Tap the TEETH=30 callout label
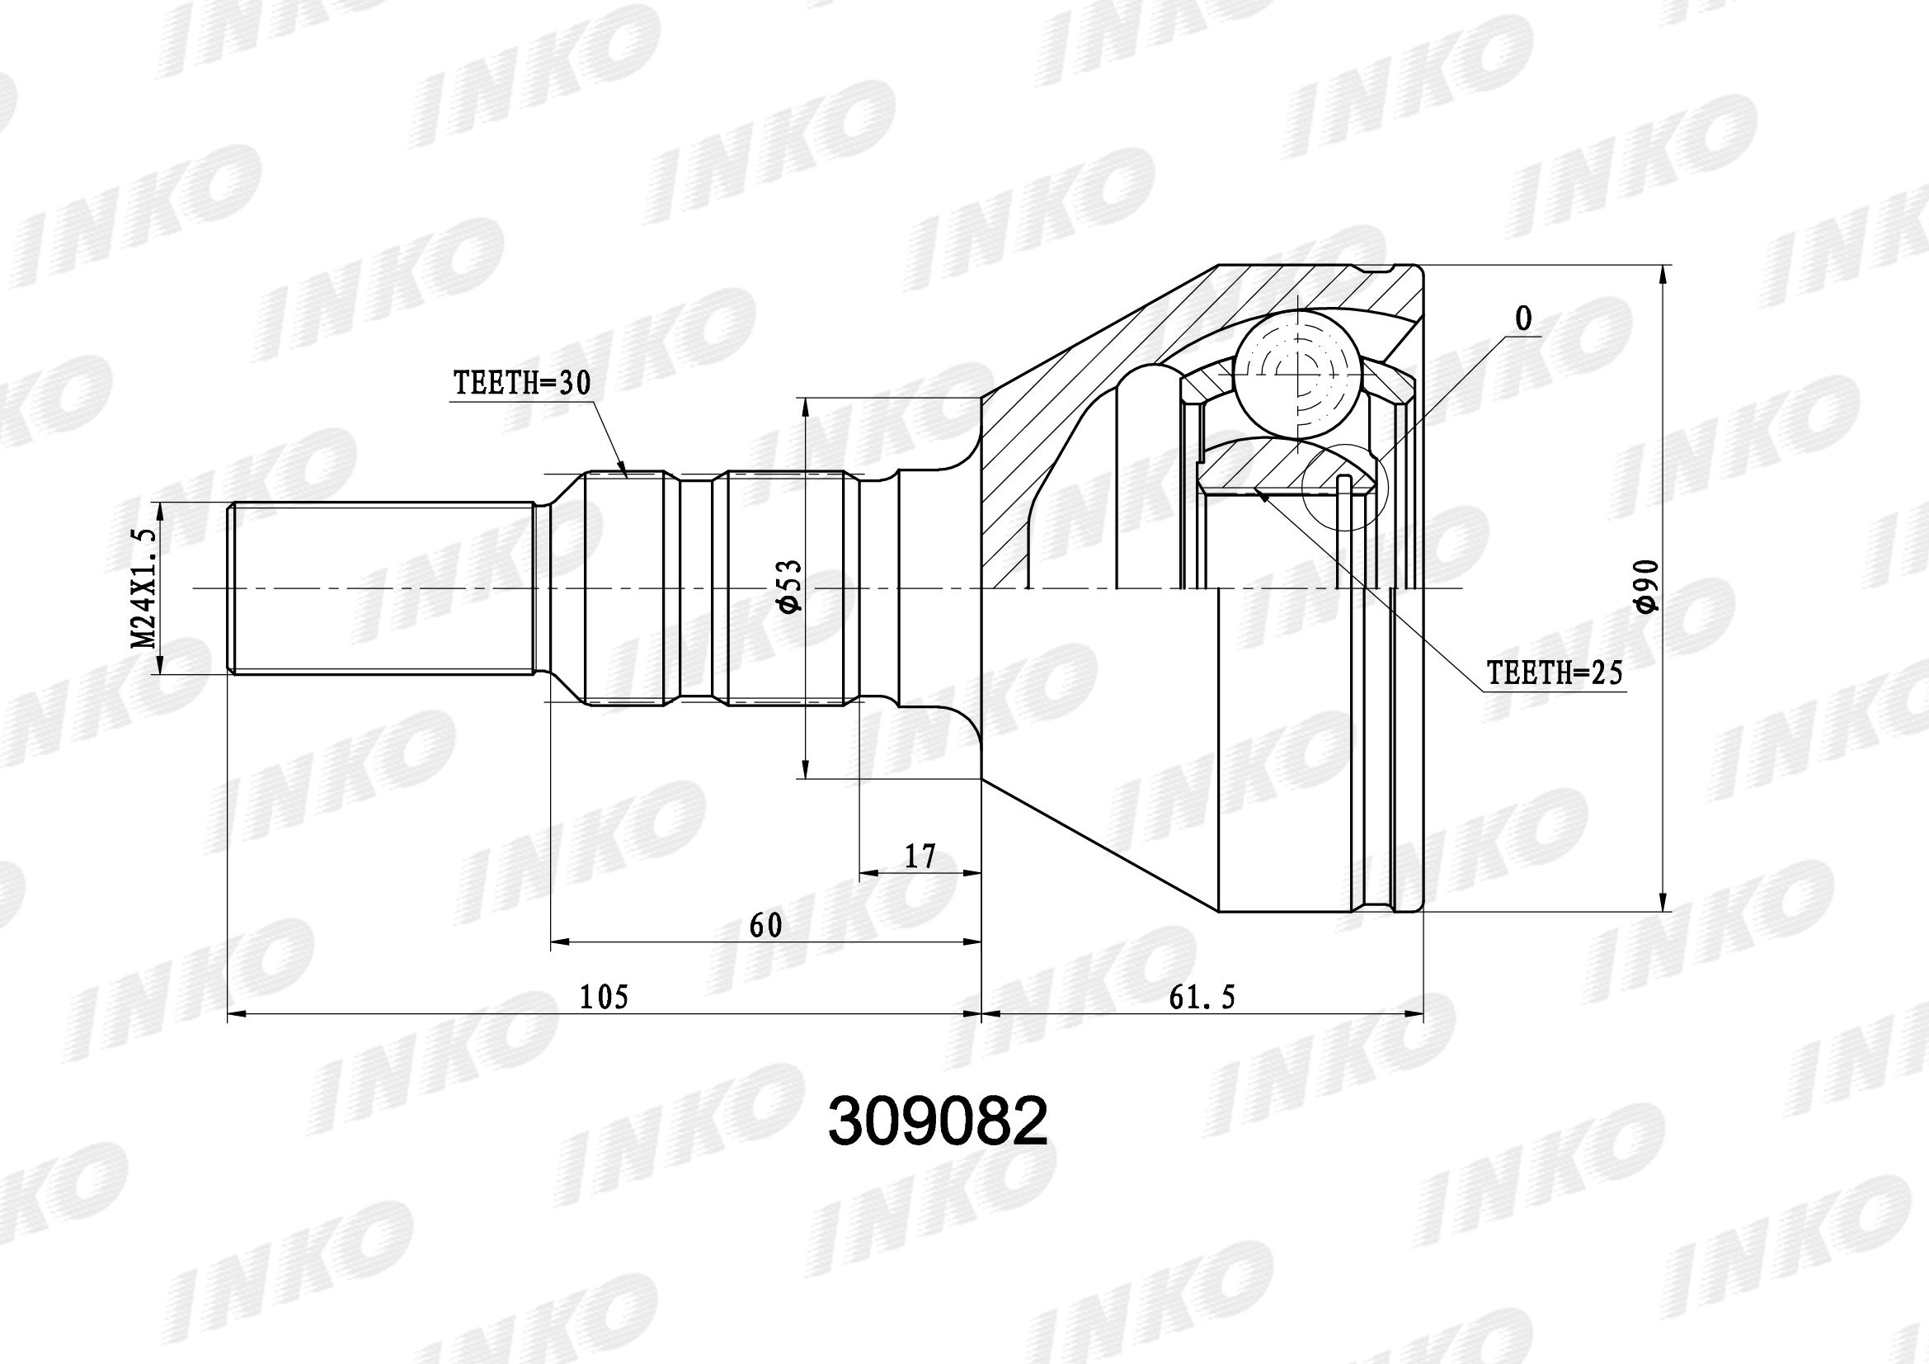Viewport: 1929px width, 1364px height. click(522, 383)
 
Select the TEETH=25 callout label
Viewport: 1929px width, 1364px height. click(1555, 673)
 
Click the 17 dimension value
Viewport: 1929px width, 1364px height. click(920, 857)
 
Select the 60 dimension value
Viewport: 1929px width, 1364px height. click(765, 925)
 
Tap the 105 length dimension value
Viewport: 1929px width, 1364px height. click(604, 997)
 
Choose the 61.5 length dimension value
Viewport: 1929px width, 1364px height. click(1202, 998)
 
